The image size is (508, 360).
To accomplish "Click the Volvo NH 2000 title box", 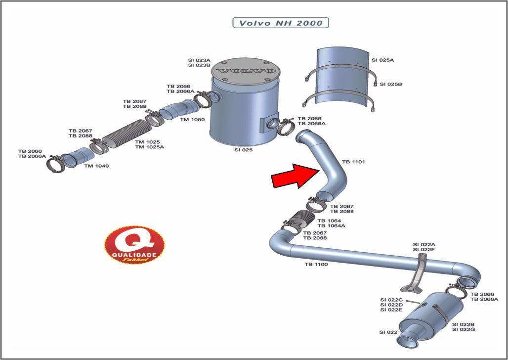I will tap(280, 23).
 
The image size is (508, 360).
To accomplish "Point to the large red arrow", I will tap(295, 176).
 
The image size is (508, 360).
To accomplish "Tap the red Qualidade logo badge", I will tap(134, 244).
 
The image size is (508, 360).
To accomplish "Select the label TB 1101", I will tap(353, 162).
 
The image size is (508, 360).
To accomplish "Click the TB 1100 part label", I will tap(316, 265).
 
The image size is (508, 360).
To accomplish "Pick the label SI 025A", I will tap(382, 60).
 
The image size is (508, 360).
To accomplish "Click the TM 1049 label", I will tap(96, 166).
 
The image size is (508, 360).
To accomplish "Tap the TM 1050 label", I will tap(192, 120).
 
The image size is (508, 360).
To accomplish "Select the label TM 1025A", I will tap(149, 147).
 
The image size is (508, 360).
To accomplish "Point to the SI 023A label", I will tap(199, 59).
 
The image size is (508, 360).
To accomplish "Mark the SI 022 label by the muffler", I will tap(388, 332).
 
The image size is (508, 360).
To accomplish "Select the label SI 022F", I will tap(424, 250).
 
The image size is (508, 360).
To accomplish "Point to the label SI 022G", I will tap(464, 329).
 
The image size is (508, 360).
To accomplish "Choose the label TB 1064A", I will tap(331, 225).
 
